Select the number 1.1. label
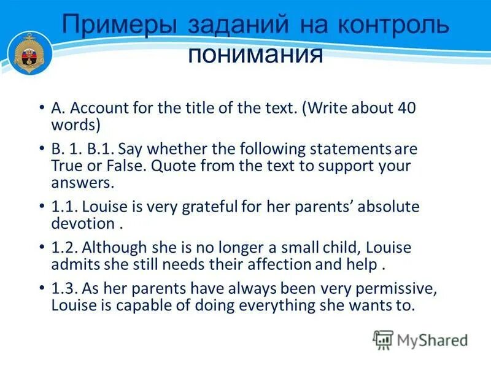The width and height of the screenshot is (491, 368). tap(64, 207)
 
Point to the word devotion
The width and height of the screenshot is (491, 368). tap(83, 223)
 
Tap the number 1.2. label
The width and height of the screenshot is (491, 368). tap(64, 248)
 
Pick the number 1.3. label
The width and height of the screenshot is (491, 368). tap(64, 289)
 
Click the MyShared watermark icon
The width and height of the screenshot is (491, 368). tap(383, 339)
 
